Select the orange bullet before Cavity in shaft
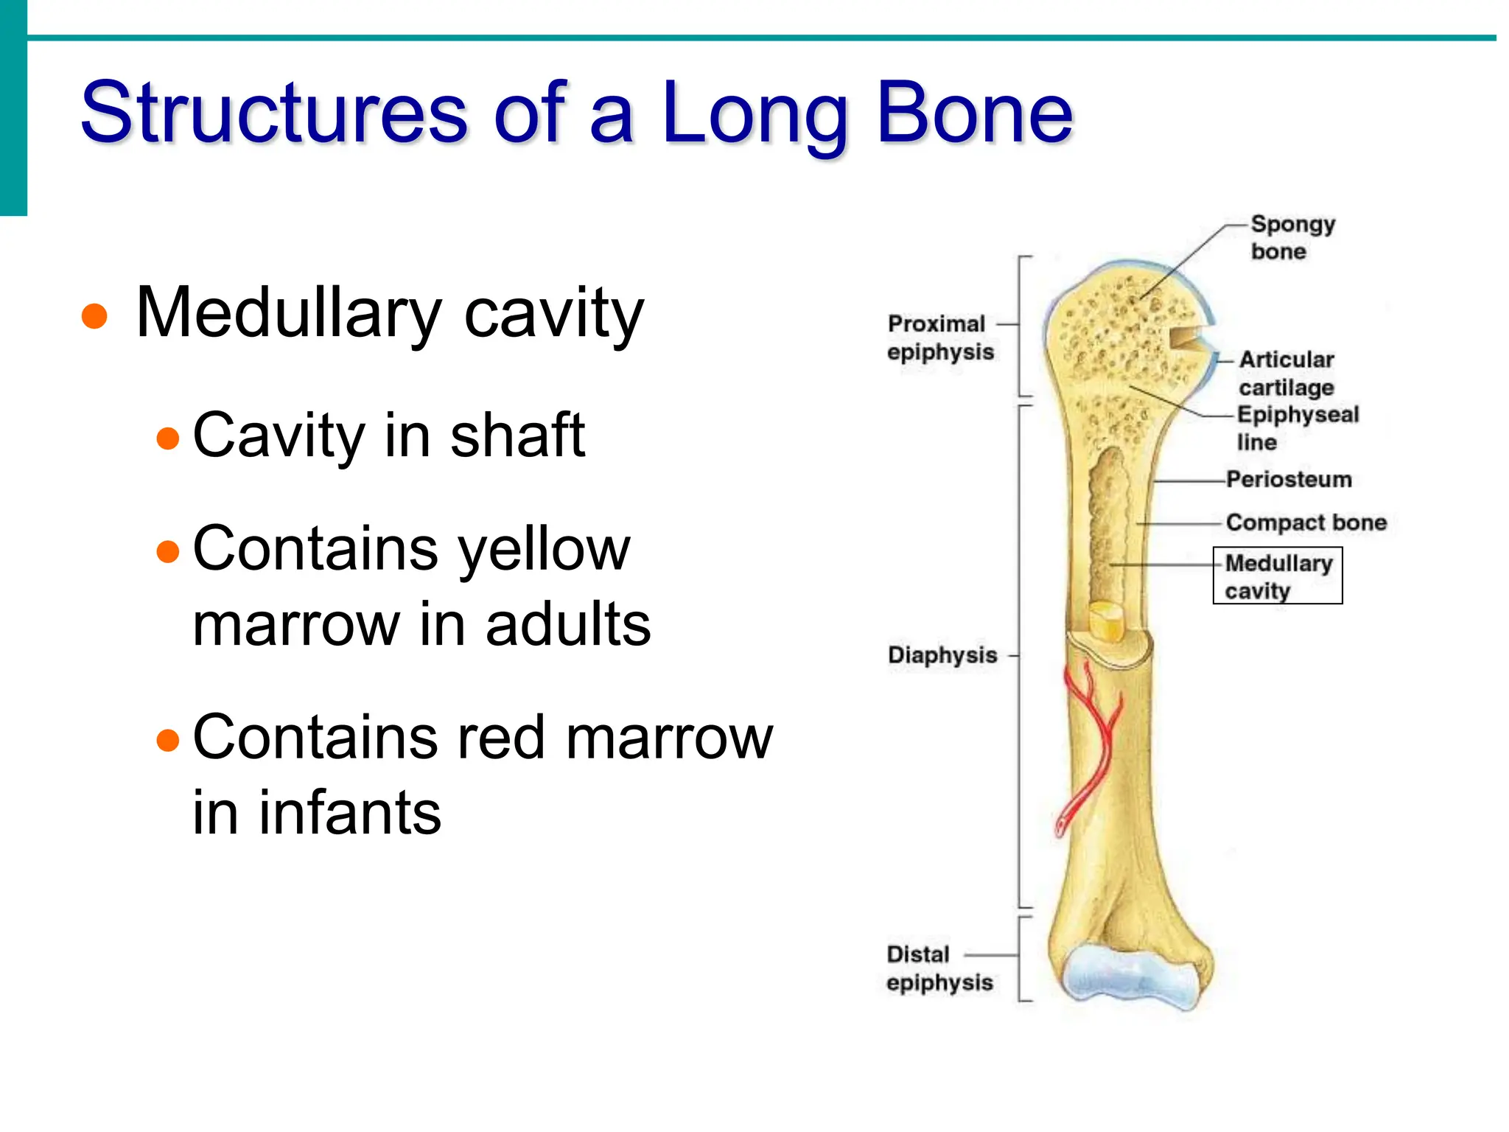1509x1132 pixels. tap(168, 439)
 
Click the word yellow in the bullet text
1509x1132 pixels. tap(544, 550)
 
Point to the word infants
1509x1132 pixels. tap(349, 812)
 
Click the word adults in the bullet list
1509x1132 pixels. tap(568, 625)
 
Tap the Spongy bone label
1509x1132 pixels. tap(1291, 237)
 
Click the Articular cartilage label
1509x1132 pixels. tap(1286, 373)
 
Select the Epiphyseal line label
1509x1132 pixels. tap(1297, 428)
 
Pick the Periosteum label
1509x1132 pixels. tap(1289, 480)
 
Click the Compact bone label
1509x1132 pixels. tap(1306, 523)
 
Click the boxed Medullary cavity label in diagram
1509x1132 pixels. tap(1278, 576)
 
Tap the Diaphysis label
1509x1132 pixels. tap(942, 655)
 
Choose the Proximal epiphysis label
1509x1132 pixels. tap(939, 338)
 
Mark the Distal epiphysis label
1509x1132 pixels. tap(939, 968)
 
